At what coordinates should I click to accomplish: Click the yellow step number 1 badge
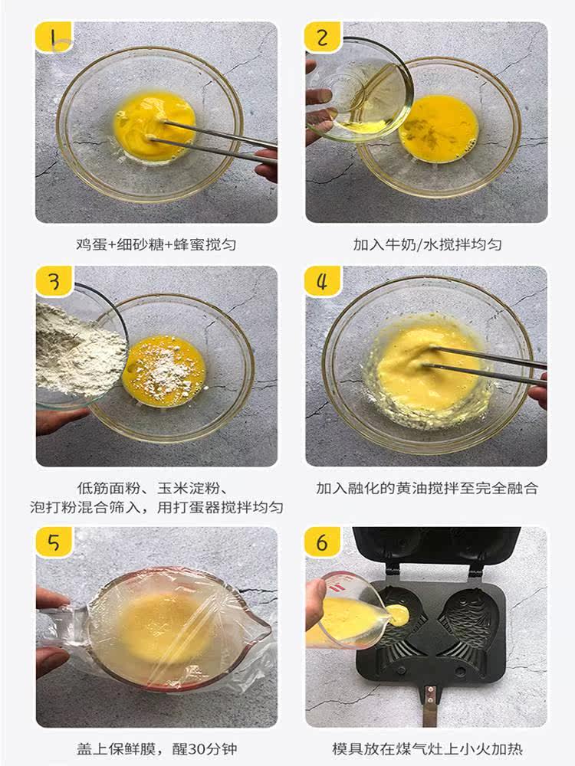pyautogui.click(x=54, y=37)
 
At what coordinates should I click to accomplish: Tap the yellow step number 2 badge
pyautogui.click(x=323, y=37)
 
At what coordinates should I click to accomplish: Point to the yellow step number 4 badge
pyautogui.click(x=323, y=281)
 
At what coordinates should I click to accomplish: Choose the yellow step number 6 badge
pyautogui.click(x=323, y=542)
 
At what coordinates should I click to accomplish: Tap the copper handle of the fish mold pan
pyautogui.click(x=430, y=703)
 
